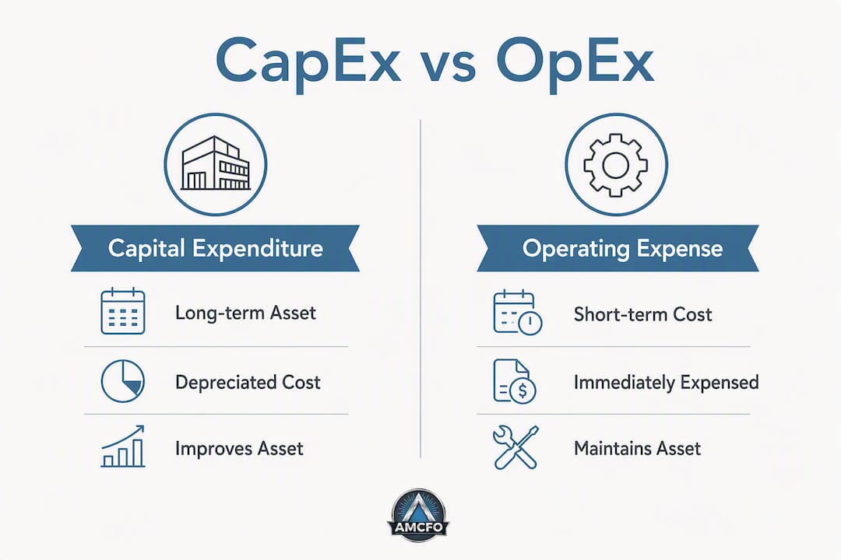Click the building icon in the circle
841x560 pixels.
coord(216,163)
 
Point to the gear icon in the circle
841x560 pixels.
coord(616,165)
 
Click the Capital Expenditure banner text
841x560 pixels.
coord(215,249)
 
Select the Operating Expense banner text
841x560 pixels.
coord(623,249)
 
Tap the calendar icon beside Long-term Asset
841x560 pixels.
coord(123,311)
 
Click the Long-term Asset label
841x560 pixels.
coord(245,313)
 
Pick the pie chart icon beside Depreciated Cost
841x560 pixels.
coord(123,381)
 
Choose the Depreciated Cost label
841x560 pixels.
coord(248,382)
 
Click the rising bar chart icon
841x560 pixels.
coord(123,446)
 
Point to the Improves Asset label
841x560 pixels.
coord(239,449)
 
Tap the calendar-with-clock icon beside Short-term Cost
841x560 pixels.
coord(518,313)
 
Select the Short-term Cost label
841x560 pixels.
coord(643,314)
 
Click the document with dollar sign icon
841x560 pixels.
coord(515,382)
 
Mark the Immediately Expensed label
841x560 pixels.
coord(666,383)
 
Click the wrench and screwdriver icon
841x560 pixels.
coord(516,447)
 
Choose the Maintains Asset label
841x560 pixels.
coord(637,449)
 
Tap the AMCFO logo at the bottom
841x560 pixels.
coord(418,514)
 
